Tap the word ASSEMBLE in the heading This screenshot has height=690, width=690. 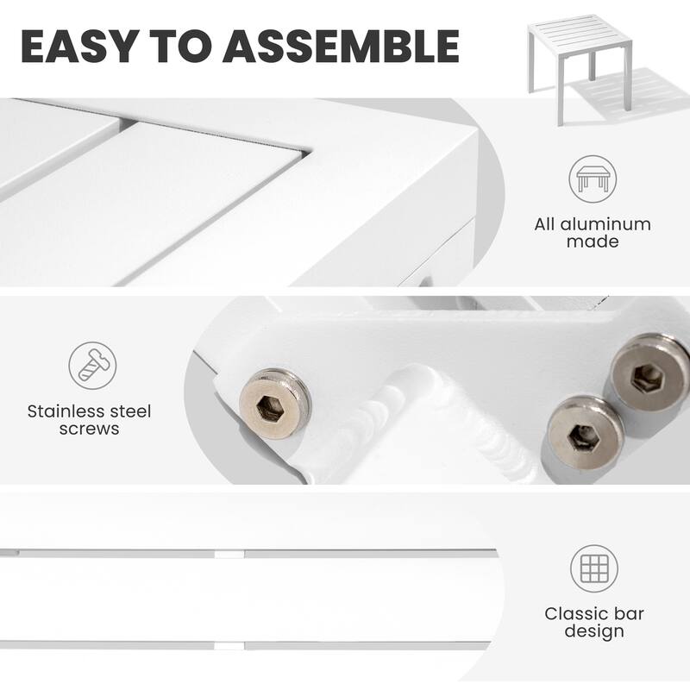[342, 47]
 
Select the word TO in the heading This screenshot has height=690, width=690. [181, 47]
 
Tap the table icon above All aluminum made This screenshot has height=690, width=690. [593, 179]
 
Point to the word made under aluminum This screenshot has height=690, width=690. [593, 241]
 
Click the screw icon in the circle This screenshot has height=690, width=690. [92, 365]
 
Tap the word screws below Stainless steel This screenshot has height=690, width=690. [90, 429]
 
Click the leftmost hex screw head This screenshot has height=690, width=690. [275, 405]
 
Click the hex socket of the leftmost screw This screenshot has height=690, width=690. [269, 407]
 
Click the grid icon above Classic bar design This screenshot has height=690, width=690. [594, 568]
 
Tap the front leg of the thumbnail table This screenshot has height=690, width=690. [560, 100]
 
